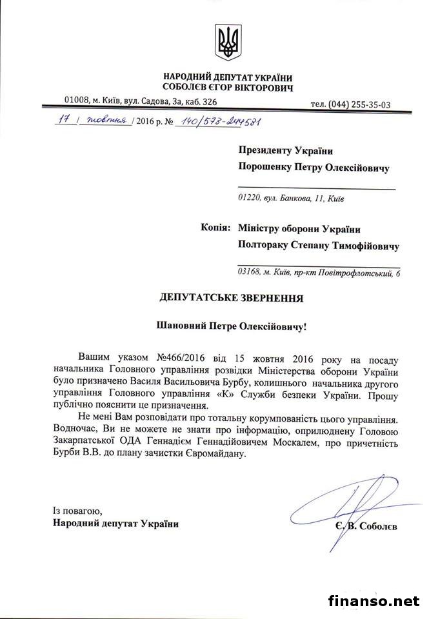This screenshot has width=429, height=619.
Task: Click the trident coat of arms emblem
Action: [228, 43]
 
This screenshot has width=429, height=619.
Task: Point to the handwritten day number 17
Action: [63, 120]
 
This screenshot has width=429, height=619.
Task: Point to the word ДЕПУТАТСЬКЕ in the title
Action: [192, 299]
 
